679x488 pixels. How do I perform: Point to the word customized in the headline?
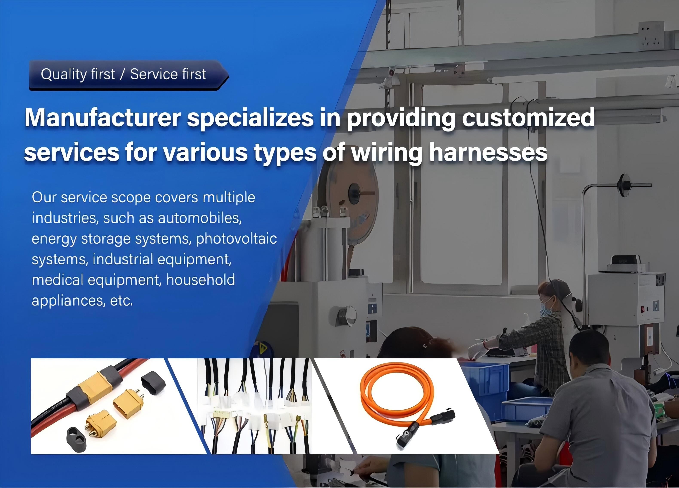click(528, 117)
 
